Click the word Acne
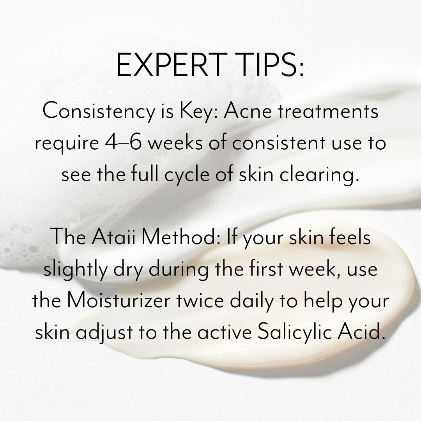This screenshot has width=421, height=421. tap(248, 111)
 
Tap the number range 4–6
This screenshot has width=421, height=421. tap(123, 143)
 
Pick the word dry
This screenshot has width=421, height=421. tap(128, 270)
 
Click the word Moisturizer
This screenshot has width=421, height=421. tap(119, 300)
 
